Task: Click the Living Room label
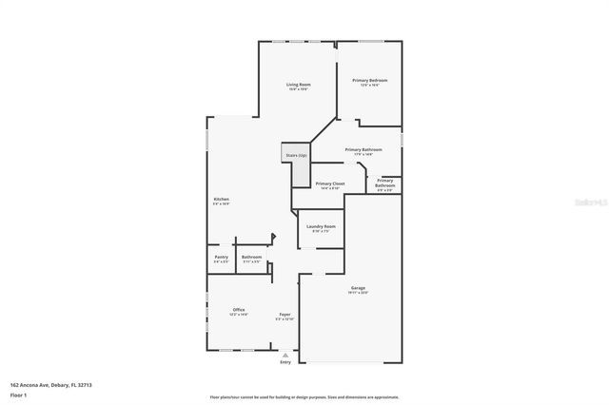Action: coord(299,86)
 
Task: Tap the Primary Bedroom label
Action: coord(369,81)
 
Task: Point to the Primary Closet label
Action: coord(330,183)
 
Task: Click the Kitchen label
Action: coord(221,200)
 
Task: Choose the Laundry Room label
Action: coord(321,226)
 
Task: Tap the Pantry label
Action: coord(221,257)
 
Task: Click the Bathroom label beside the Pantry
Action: coord(251,257)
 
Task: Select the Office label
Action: coord(239,310)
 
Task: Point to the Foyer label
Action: coord(285,315)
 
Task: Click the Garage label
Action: coord(358,289)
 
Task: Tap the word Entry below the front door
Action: coord(285,362)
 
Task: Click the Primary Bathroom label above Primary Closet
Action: coord(363,150)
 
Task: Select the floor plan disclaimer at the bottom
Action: coord(304,396)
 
